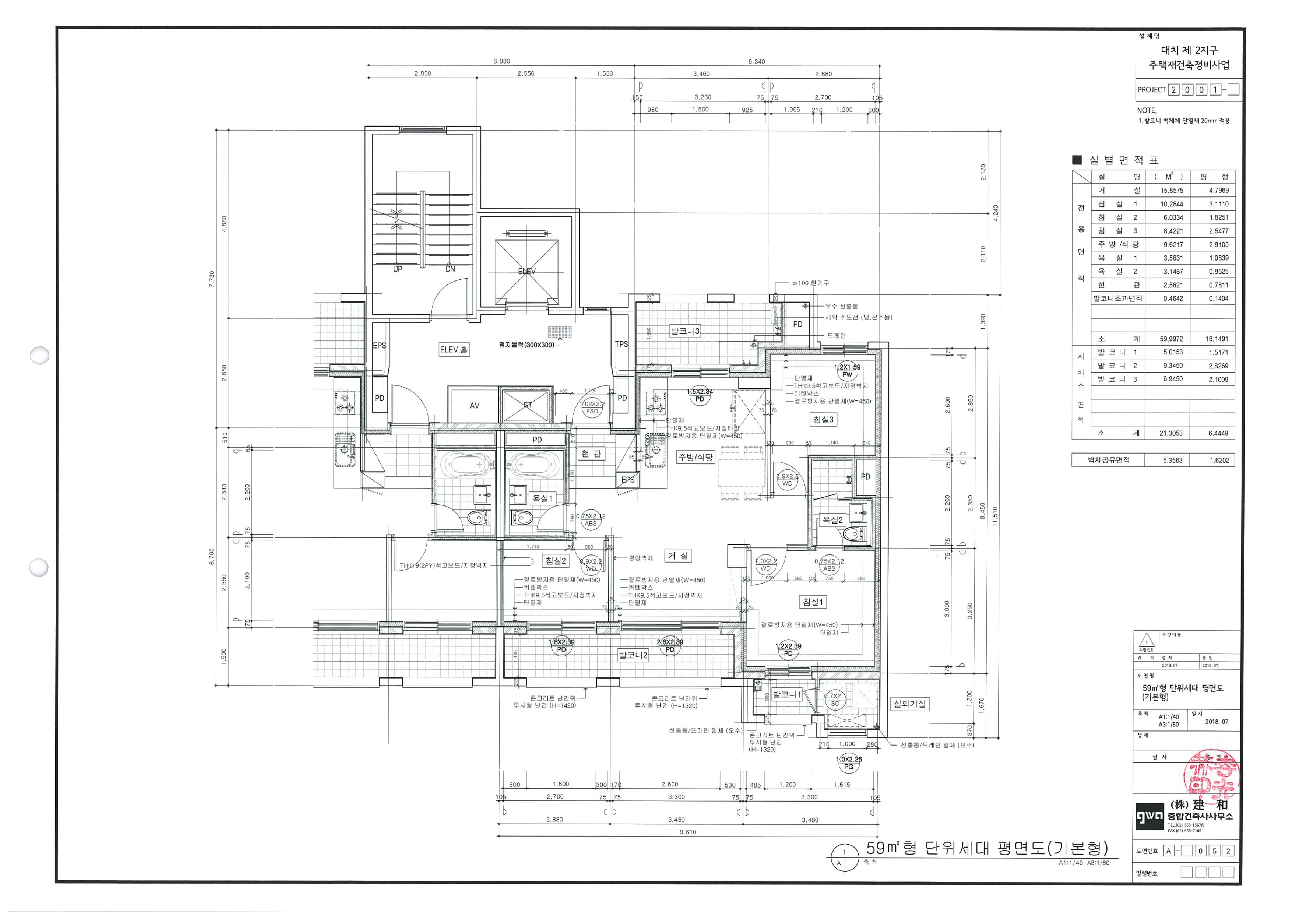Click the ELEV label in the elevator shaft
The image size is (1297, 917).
click(526, 272)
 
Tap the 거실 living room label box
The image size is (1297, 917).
click(678, 556)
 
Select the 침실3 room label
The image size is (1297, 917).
click(823, 420)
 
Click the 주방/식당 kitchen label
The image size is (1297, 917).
click(695, 457)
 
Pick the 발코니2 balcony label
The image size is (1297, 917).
click(633, 655)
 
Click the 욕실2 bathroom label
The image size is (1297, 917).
click(832, 520)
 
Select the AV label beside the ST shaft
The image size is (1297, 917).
click(475, 406)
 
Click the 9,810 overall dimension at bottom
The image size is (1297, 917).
click(688, 832)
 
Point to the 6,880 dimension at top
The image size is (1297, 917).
click(501, 62)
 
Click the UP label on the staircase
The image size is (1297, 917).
click(398, 269)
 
